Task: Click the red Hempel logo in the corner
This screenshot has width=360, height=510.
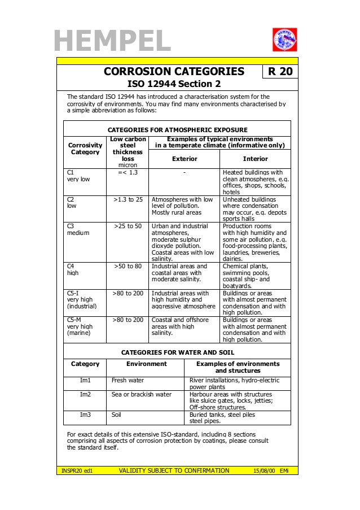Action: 284,40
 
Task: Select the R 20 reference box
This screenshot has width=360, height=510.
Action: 280,72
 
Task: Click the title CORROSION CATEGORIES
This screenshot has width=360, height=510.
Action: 173,72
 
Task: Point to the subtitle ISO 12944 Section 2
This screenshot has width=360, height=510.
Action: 173,84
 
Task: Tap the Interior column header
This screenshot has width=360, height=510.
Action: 255,159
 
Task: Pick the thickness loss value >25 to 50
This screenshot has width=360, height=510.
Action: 128,226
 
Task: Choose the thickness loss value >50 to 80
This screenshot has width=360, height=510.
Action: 128,266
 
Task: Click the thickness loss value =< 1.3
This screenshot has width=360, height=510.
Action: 128,172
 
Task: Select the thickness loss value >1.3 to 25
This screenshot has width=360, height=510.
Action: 128,199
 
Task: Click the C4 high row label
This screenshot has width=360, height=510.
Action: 72,269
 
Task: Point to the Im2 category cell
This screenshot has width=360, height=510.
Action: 85,394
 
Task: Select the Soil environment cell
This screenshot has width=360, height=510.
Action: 116,415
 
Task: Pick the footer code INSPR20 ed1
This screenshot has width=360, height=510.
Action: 77,470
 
